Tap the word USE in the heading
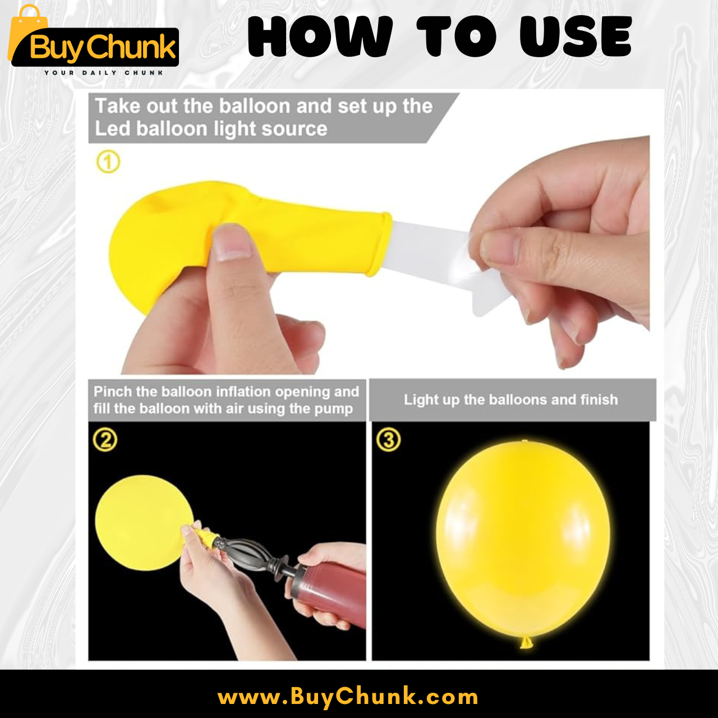[576, 36]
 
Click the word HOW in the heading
[320, 36]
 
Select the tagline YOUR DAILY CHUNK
[104, 73]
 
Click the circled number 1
[108, 162]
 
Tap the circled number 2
[105, 440]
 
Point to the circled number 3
[388, 440]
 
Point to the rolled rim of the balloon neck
[381, 244]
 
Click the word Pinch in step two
[113, 392]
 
